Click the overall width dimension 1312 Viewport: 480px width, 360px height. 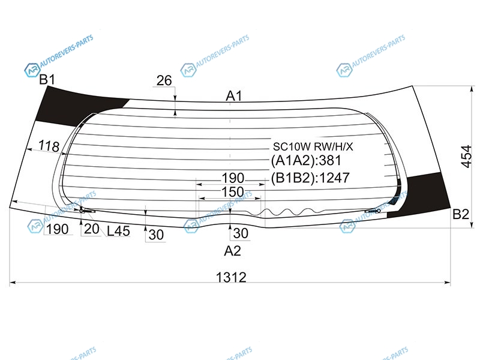pos(231,277)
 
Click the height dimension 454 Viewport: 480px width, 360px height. pos(467,157)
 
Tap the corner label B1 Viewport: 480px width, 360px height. pos(47,80)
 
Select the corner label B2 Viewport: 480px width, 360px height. pos(461,214)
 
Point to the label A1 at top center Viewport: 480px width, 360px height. pos(234,96)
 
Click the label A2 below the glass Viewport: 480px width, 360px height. pos(232,251)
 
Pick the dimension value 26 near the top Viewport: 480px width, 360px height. pos(164,80)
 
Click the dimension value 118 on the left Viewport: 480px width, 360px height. pos(49,146)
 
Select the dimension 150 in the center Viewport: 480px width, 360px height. pos(233,192)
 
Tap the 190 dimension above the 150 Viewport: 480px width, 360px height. pos(233,178)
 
